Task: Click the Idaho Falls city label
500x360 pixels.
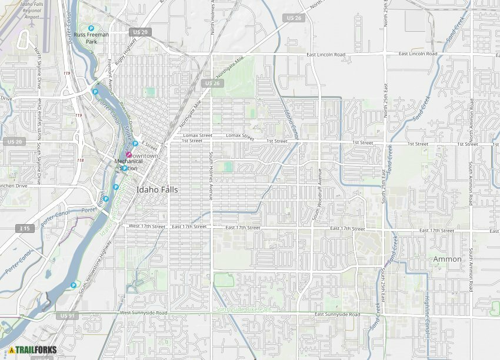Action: coord(157,190)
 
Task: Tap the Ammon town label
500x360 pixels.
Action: coord(447,259)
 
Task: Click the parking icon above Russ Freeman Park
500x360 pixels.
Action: coord(91,28)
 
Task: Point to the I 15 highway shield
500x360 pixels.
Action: coord(25,228)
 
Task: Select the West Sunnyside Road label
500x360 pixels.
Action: coord(144,313)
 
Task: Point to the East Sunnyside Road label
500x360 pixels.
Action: coord(337,315)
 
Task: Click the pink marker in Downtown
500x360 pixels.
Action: coord(128,155)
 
